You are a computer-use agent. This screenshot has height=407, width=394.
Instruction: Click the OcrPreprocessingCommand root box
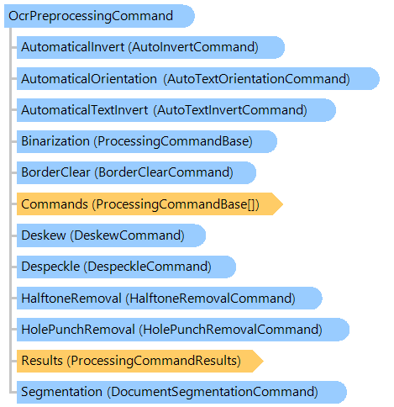tap(99, 16)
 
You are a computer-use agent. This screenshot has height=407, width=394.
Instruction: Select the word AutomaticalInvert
tap(73, 47)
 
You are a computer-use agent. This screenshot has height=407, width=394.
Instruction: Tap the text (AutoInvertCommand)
tap(193, 47)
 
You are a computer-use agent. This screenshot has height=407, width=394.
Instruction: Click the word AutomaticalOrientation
tap(89, 79)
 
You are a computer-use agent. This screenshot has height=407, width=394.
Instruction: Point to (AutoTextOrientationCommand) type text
tap(257, 79)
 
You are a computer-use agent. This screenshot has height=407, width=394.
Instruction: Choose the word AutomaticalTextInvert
tap(85, 110)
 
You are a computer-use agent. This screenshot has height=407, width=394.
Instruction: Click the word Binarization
tap(55, 141)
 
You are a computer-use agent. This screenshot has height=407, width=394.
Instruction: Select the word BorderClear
tap(55, 172)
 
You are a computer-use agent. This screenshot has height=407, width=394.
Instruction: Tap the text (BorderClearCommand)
tap(164, 172)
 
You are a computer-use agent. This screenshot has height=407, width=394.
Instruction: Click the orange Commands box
tap(150, 203)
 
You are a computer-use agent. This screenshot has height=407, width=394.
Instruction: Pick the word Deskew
tap(44, 235)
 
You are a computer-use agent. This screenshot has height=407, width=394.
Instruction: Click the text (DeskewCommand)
tap(127, 235)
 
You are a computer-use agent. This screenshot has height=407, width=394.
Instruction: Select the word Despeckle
tap(50, 267)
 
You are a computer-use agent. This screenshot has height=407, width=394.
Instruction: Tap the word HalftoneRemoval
tap(71, 298)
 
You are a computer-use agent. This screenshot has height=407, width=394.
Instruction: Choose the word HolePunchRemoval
tap(78, 330)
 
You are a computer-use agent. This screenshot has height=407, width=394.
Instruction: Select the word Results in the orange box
tap(42, 361)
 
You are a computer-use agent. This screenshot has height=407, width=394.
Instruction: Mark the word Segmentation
tap(62, 392)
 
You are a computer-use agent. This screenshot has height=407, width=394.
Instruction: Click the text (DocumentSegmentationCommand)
tap(213, 392)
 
